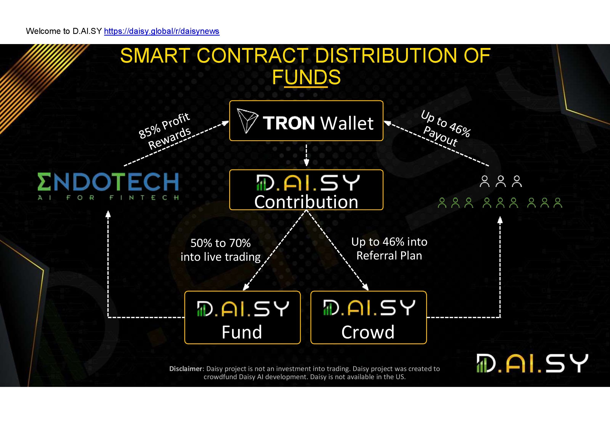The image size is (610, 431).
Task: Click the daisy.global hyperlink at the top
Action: (x=162, y=31)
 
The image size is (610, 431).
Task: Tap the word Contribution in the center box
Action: (x=306, y=202)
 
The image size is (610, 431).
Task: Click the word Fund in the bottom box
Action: (x=242, y=332)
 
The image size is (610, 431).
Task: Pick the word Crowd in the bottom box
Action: (x=368, y=332)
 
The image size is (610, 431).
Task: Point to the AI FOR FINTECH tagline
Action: (x=108, y=198)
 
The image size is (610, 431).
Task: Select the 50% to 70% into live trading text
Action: (x=221, y=250)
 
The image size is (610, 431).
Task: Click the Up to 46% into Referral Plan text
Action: (x=389, y=248)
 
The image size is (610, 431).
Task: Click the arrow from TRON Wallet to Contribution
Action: (x=306, y=155)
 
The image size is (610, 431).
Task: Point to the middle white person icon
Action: (x=501, y=181)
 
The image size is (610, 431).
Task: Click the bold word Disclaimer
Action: (x=186, y=369)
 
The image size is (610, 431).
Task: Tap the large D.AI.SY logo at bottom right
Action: (x=532, y=363)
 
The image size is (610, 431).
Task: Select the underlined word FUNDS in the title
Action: (x=306, y=77)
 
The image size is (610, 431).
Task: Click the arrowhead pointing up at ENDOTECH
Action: (x=108, y=214)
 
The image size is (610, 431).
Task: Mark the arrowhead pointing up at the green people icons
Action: (x=500, y=220)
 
